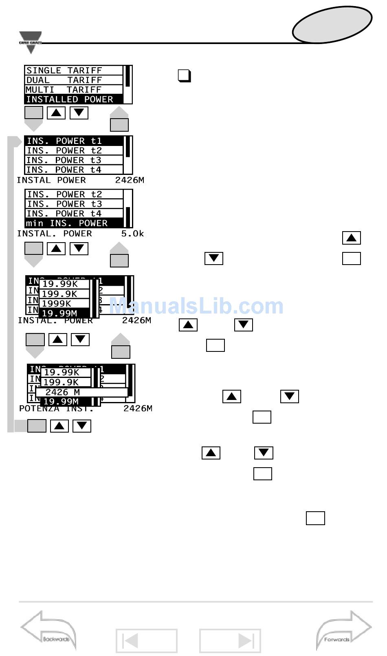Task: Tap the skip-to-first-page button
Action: pos(146,641)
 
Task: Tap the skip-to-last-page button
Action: pos(230,641)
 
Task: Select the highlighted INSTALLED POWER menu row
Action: pos(74,99)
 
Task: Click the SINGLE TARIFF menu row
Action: pos(74,71)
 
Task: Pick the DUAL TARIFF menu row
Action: pos(74,80)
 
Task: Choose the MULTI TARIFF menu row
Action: pos(74,90)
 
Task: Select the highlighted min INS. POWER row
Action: pos(74,223)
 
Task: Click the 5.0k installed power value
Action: pos(132,234)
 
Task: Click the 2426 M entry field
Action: pos(81,392)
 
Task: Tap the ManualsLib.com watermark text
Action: pos(196,306)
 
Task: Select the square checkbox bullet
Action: pos(184,76)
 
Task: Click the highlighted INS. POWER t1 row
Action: pos(74,141)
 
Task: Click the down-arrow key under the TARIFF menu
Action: pos(79,113)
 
